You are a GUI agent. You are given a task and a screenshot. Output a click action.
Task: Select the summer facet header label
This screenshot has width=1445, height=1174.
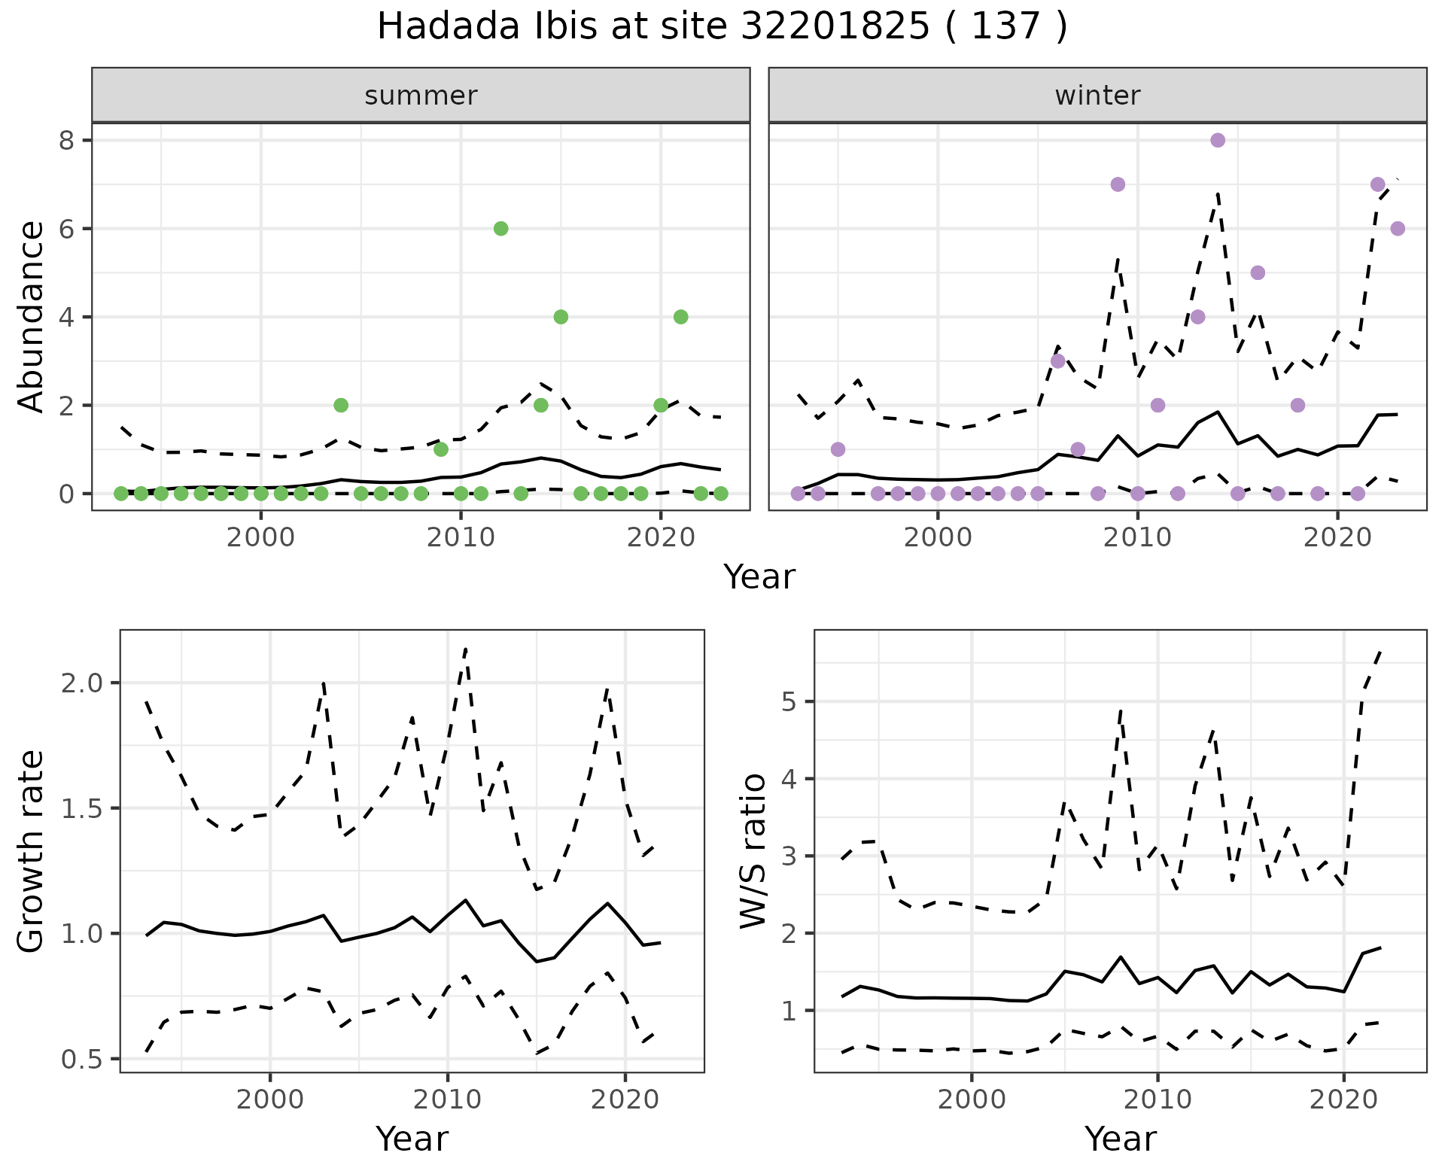[x=421, y=96]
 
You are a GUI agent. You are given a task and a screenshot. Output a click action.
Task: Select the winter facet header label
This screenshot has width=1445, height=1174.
[x=1097, y=96]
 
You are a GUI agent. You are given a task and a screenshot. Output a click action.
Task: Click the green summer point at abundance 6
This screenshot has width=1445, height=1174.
[x=500, y=229]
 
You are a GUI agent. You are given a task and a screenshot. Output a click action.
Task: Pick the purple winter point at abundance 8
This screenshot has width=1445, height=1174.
[x=1218, y=140]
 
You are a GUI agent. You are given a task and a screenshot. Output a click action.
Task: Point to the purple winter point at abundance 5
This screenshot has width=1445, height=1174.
[x=1258, y=272]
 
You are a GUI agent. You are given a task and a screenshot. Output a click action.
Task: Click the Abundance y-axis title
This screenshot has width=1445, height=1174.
[x=32, y=316]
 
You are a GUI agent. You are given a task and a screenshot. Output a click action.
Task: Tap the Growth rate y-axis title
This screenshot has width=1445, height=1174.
[x=32, y=852]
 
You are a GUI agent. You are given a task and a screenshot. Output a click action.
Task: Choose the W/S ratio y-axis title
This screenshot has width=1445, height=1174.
[x=753, y=852]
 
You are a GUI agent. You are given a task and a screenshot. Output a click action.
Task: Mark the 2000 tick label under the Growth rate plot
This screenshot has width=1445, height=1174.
[x=270, y=1099]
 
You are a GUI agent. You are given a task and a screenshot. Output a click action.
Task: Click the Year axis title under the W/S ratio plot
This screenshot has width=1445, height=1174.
[x=1120, y=1139]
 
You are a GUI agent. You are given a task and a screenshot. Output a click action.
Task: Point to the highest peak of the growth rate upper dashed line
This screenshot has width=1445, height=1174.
[x=466, y=648]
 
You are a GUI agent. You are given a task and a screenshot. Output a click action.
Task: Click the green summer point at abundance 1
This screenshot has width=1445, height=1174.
[x=441, y=449]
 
